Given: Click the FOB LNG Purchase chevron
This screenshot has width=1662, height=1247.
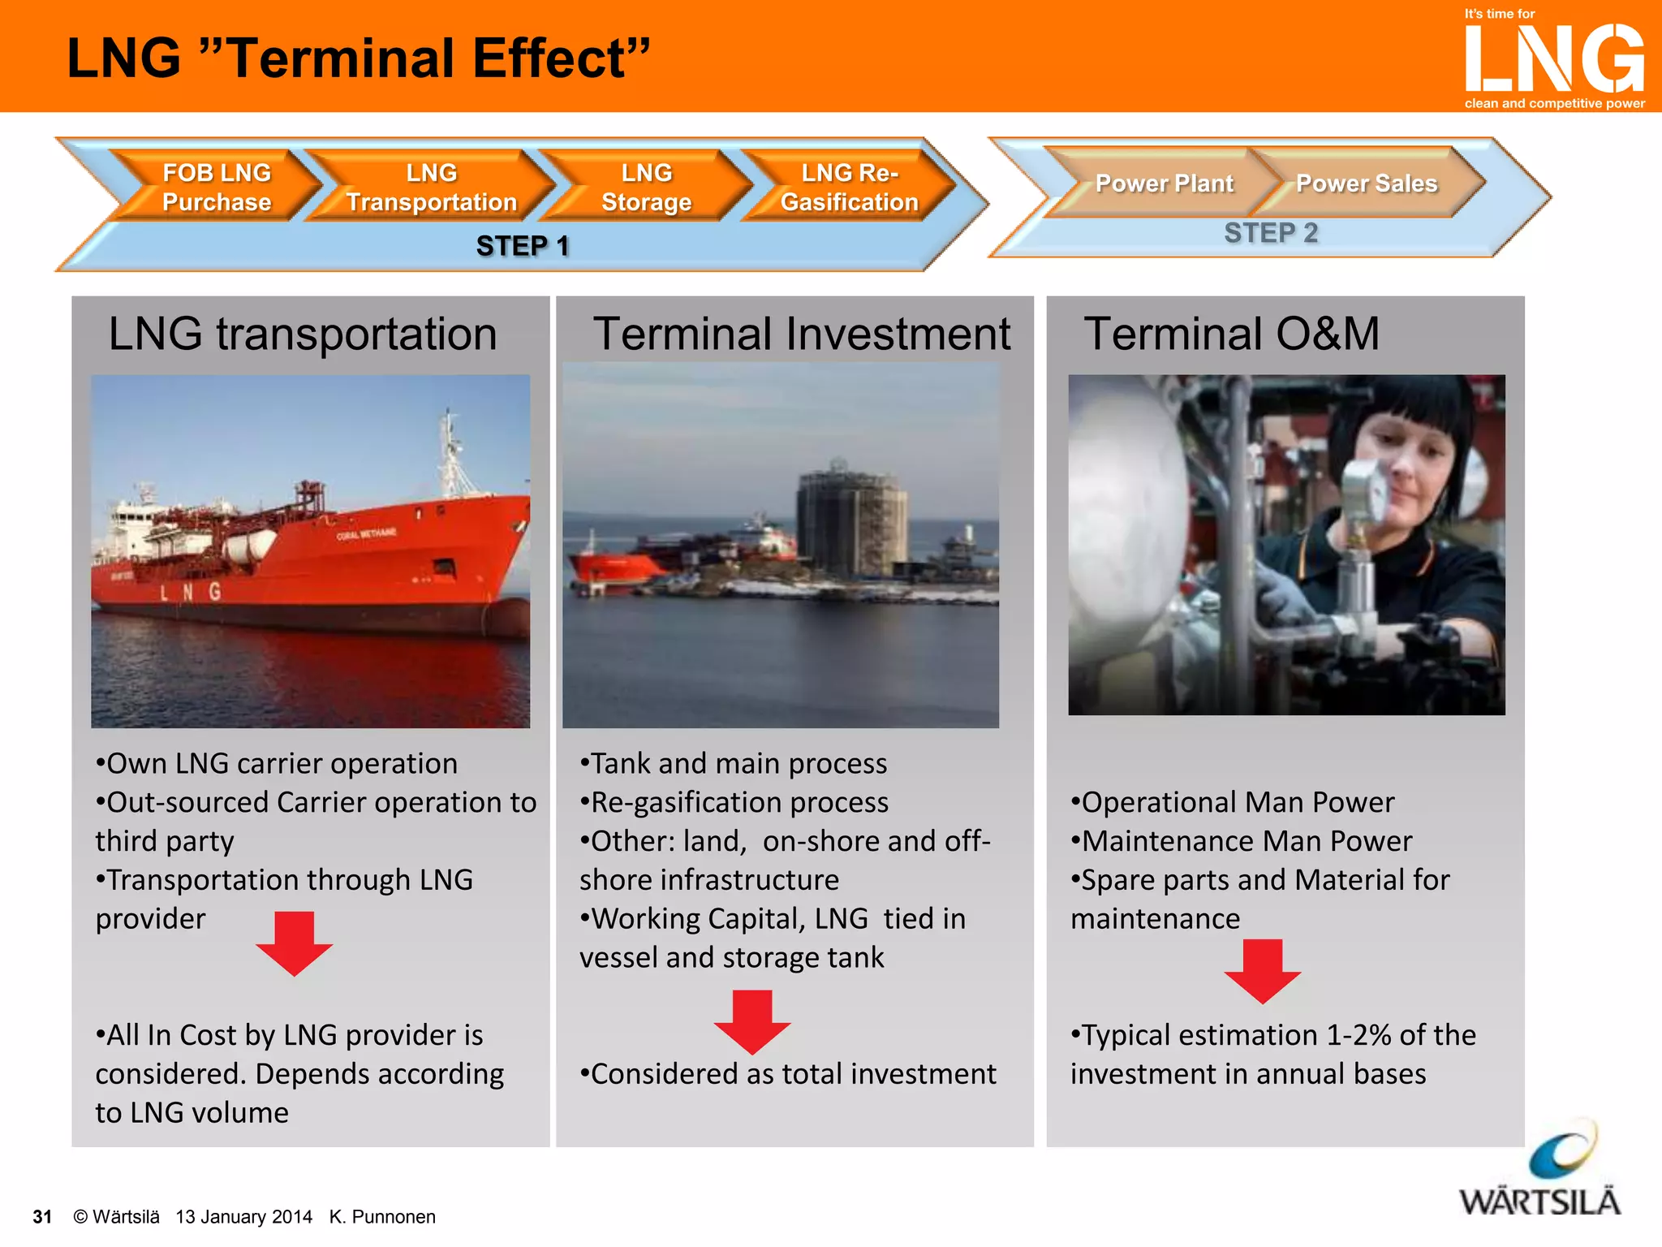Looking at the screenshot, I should click(x=216, y=187).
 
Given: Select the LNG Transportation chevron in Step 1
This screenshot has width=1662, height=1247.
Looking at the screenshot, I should click(x=431, y=187).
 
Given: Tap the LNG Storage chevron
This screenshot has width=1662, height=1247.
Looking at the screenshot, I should click(x=646, y=187).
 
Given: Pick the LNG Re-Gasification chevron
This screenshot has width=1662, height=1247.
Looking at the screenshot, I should click(x=849, y=187).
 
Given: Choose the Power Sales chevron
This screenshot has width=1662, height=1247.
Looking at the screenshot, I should click(x=1367, y=183).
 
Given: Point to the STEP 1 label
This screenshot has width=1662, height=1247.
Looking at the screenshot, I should click(x=523, y=245).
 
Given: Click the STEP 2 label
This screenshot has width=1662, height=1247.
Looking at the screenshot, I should click(x=1270, y=233).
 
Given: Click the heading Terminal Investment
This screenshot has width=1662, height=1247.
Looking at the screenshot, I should click(x=801, y=334).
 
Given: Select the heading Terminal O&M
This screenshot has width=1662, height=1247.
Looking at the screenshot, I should click(x=1231, y=334).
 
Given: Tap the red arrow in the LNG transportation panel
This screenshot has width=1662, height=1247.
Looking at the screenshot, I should click(x=294, y=943).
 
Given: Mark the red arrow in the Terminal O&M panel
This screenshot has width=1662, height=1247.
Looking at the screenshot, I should click(x=1262, y=971).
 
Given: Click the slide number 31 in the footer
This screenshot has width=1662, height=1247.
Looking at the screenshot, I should click(x=42, y=1216).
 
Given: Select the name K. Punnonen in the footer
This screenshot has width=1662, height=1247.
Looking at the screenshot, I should click(x=382, y=1216).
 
